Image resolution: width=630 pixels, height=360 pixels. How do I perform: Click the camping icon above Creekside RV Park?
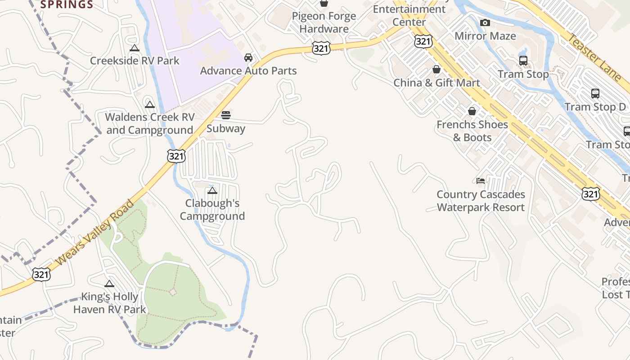(134, 48)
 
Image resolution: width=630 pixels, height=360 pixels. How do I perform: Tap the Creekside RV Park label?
(135, 61)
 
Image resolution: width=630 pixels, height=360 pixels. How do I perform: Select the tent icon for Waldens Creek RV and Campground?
(150, 105)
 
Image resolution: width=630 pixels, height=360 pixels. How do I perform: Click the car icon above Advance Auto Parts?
(248, 58)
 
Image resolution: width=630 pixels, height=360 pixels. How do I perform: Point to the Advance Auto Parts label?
(248, 71)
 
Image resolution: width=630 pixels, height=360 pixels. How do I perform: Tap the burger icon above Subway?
(226, 115)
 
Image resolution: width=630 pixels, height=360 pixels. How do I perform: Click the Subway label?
(226, 128)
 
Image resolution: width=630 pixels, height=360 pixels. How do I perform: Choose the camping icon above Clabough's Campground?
(212, 190)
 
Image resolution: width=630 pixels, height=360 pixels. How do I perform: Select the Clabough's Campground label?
(212, 210)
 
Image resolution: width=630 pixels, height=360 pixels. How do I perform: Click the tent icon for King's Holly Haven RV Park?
(109, 283)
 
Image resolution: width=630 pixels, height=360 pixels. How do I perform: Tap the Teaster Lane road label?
(594, 56)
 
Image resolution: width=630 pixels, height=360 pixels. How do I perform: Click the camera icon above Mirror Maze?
(485, 23)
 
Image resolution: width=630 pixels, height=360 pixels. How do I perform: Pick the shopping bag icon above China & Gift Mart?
(436, 69)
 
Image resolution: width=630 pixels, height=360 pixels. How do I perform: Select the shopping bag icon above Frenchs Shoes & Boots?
(472, 111)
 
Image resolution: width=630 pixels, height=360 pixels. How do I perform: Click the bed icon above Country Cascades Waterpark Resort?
(481, 181)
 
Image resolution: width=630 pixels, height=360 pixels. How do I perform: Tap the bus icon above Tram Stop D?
(595, 94)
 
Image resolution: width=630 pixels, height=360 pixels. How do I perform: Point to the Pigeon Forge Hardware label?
(324, 22)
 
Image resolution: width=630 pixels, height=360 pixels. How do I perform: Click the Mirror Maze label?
(485, 36)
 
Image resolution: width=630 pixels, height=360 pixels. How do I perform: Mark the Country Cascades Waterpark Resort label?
(481, 201)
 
